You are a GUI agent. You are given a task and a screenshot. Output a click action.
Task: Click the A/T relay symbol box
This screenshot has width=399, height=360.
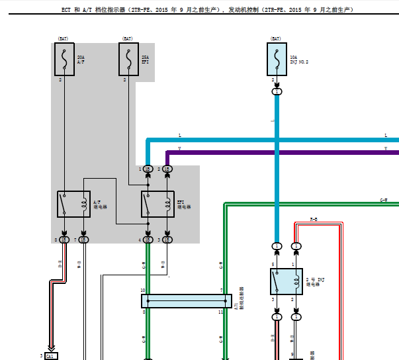[73, 204]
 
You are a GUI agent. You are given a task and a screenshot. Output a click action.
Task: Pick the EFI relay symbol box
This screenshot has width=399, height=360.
[157, 204]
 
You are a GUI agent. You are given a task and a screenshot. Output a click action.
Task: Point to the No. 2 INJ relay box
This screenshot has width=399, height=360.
[287, 282]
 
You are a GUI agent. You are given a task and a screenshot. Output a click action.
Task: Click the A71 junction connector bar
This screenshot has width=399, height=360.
[187, 301]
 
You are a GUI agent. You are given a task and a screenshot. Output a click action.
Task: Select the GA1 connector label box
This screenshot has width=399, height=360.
[51, 356]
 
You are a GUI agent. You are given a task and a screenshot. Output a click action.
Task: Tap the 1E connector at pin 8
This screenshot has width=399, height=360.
[64, 239]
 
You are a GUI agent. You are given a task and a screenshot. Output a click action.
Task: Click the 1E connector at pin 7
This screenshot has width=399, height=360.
[83, 239]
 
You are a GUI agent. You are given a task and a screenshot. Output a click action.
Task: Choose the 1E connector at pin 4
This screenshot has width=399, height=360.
[148, 239]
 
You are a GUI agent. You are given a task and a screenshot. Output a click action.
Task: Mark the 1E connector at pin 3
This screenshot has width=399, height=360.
[167, 239]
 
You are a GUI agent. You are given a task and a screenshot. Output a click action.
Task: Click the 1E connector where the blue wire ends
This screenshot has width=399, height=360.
[148, 169]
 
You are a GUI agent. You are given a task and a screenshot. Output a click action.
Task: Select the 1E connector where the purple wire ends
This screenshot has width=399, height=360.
[167, 169]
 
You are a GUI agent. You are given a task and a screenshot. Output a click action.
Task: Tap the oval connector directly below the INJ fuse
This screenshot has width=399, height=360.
[277, 91]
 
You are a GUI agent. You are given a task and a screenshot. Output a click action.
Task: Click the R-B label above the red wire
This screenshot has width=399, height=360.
[314, 218]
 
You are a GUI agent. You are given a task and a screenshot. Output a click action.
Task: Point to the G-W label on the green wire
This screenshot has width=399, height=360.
[384, 199]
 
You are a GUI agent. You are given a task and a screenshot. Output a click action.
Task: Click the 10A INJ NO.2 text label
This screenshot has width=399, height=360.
[299, 60]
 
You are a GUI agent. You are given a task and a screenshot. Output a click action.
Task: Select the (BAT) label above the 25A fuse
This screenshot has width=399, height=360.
[128, 39]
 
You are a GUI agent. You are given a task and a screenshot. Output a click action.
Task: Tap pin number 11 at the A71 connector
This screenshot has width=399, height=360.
[222, 311]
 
